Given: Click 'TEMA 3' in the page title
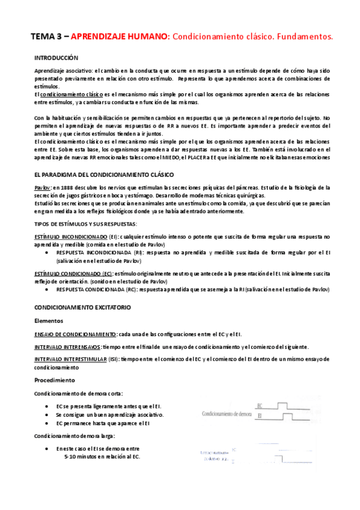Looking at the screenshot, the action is (47, 37).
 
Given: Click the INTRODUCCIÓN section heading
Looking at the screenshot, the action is (56, 58).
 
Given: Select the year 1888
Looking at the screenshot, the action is (69, 188).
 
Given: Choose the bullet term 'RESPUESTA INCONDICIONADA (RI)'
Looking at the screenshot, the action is (99, 253).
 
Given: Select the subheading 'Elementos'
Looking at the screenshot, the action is (49, 321).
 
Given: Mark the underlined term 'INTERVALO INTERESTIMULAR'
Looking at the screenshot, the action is (71, 359).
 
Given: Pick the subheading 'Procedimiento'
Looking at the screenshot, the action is (55, 380).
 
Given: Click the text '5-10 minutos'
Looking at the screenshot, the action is (82, 457).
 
